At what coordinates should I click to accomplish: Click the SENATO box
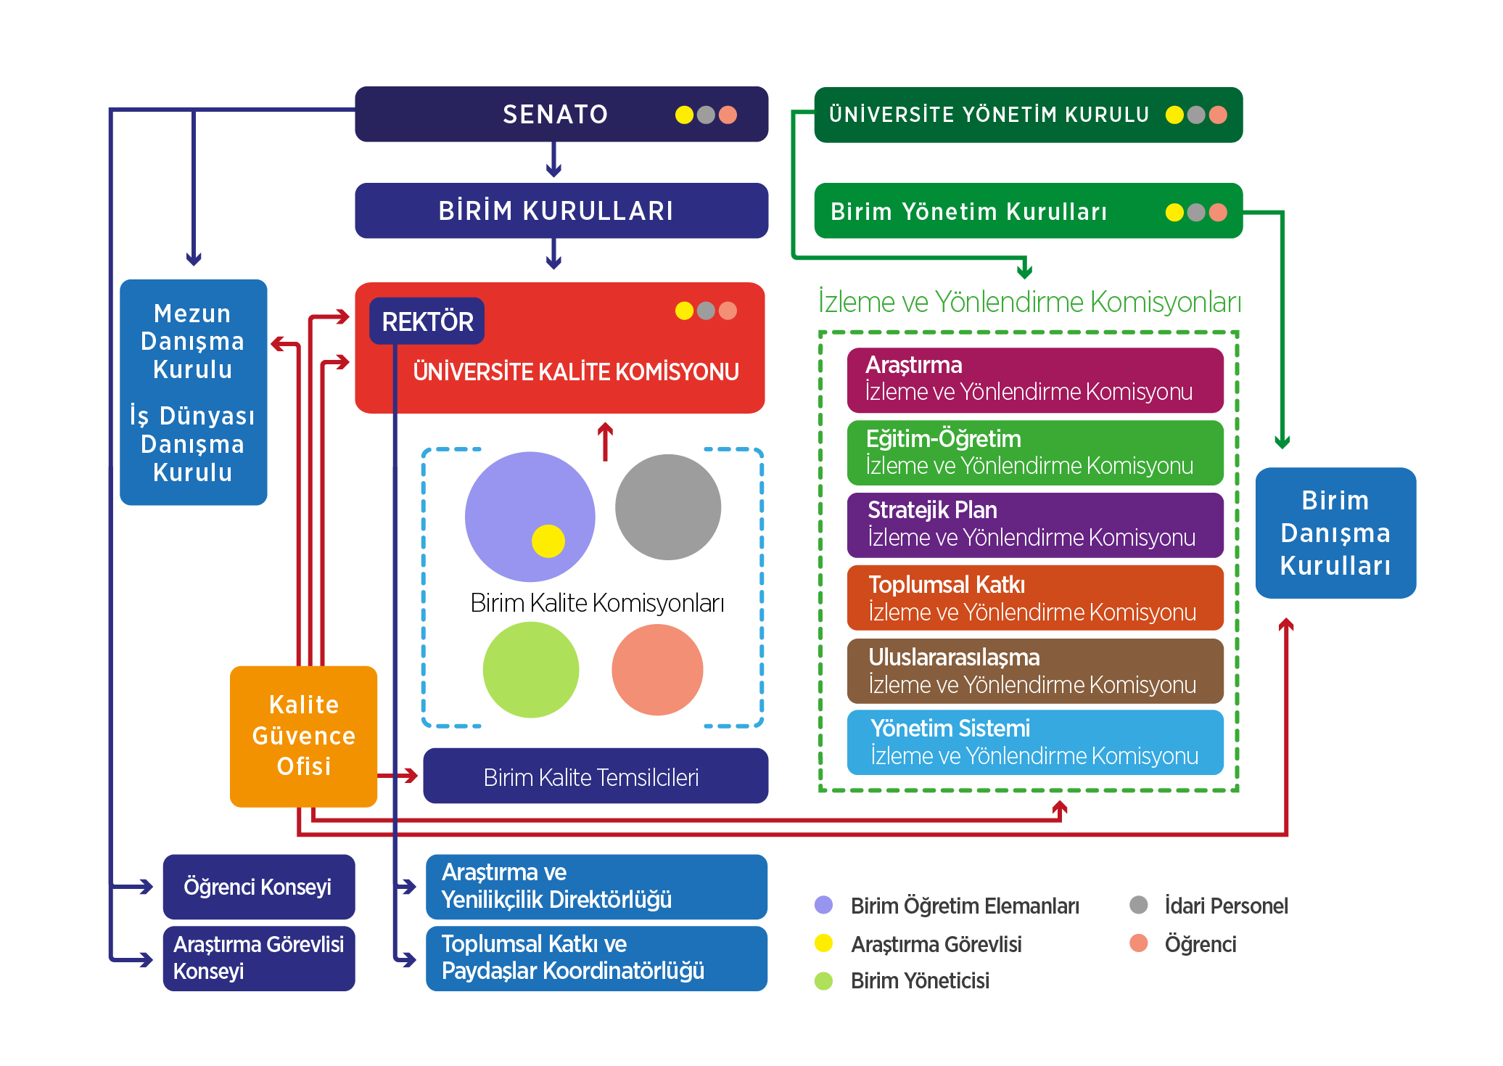[x=561, y=114]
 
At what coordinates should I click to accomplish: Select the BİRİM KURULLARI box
[x=561, y=210]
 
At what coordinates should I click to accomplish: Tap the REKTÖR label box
[x=427, y=321]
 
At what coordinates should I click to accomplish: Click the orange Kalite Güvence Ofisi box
[x=303, y=736]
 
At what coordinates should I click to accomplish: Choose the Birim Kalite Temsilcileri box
[x=595, y=776]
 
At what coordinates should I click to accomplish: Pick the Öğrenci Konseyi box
[x=258, y=886]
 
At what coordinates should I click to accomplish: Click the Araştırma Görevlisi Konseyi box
[x=258, y=958]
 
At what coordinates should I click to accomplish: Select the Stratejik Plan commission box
[x=1034, y=525]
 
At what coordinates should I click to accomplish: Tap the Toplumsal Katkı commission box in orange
[x=1034, y=598]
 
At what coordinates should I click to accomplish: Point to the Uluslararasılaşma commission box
[x=1034, y=671]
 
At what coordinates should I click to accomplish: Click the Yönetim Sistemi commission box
[x=1034, y=742]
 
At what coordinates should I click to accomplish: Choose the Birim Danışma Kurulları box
[x=1335, y=533]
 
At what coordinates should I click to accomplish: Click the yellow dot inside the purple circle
[x=548, y=541]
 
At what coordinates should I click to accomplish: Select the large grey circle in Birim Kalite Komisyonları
[x=667, y=507]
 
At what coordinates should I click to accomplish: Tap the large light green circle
[x=530, y=670]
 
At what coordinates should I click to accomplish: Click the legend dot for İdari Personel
[x=1138, y=905]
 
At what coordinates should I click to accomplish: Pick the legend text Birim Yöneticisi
[x=920, y=981]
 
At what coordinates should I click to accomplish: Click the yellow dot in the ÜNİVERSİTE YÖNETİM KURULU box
[x=1174, y=115]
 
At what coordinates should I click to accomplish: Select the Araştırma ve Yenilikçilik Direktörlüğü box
[x=596, y=886]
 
